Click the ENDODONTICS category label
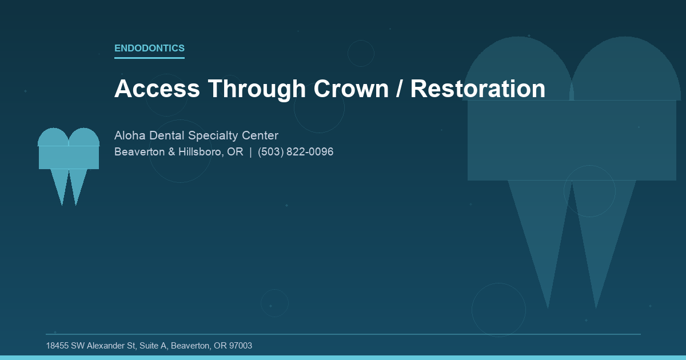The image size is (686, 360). [x=149, y=49]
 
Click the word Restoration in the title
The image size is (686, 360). [x=477, y=89]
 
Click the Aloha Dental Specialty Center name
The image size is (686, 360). [x=196, y=136]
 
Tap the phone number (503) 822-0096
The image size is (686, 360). [x=296, y=152]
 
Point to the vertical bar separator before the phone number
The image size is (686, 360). [x=250, y=152]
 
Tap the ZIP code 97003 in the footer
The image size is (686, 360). [x=240, y=346]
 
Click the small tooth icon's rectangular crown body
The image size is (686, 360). [x=69, y=157]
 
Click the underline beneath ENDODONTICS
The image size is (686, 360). [x=149, y=58]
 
